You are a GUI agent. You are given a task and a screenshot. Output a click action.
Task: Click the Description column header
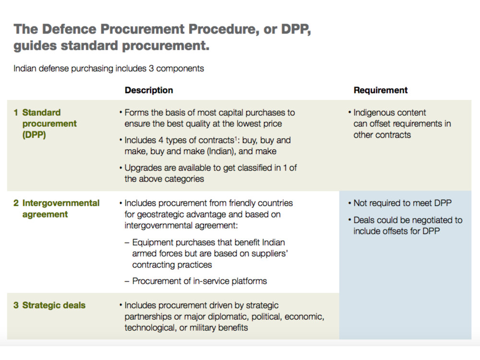pyautogui.click(x=149, y=90)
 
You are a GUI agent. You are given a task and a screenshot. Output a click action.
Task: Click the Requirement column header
pyautogui.click(x=381, y=90)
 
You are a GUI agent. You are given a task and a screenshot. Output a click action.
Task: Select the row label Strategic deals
pyautogui.click(x=54, y=305)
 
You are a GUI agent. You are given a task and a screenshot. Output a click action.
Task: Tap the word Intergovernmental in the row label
pyautogui.click(x=61, y=203)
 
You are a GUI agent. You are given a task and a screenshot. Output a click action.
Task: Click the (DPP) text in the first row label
pyautogui.click(x=34, y=135)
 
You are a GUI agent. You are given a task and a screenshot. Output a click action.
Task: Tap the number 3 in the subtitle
pyautogui.click(x=151, y=68)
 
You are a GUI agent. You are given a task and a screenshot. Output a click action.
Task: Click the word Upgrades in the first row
pyautogui.click(x=143, y=168)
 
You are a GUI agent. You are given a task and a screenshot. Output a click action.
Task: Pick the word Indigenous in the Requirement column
pyautogui.click(x=374, y=113)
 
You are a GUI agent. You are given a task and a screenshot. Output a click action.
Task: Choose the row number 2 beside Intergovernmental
pyautogui.click(x=16, y=203)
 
